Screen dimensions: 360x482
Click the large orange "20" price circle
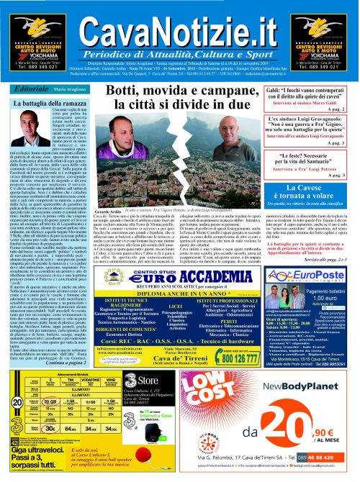click(297, 432)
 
